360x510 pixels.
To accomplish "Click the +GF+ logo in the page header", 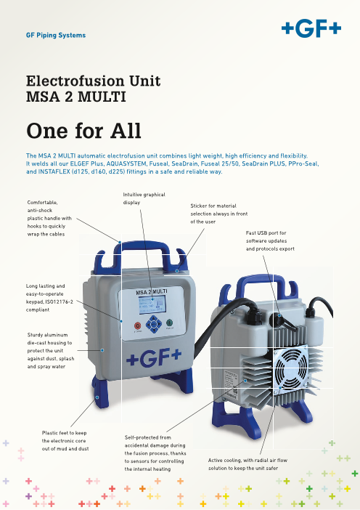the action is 311,29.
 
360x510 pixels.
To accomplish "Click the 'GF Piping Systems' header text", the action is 56,35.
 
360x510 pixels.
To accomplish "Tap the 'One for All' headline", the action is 83,131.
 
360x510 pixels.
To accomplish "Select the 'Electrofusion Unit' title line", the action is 93,81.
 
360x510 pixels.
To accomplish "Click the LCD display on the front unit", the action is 152,304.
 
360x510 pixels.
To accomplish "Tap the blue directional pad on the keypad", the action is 154,323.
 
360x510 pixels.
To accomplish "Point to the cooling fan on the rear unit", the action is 292,367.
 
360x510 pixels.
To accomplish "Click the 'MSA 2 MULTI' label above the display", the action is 152,292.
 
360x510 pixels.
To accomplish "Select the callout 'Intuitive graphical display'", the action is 144,198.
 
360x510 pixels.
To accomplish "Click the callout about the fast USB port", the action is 270,240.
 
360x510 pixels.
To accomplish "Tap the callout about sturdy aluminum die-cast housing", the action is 51,351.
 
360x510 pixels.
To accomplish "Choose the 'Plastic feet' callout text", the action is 65,441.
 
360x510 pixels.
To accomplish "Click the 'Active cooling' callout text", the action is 247,464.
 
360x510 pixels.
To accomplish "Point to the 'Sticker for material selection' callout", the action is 219,214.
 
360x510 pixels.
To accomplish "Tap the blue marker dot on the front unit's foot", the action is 97,397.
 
